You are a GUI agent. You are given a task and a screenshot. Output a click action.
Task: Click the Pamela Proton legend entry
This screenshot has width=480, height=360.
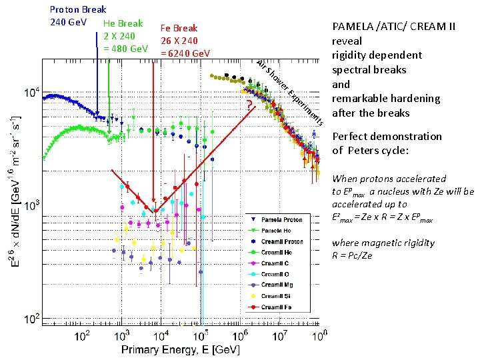pyautogui.click(x=281, y=219)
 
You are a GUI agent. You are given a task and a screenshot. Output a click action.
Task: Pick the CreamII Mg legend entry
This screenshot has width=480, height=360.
pyautogui.click(x=281, y=285)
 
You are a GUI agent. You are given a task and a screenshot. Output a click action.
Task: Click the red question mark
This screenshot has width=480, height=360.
pyautogui.click(x=248, y=105)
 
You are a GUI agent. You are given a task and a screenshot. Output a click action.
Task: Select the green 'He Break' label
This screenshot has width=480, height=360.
pyautogui.click(x=123, y=23)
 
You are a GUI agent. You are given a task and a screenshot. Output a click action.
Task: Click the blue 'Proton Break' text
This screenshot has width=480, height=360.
pyautogui.click(x=78, y=9)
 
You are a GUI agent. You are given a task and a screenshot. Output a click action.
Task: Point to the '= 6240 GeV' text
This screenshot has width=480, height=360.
pyautogui.click(x=186, y=53)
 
